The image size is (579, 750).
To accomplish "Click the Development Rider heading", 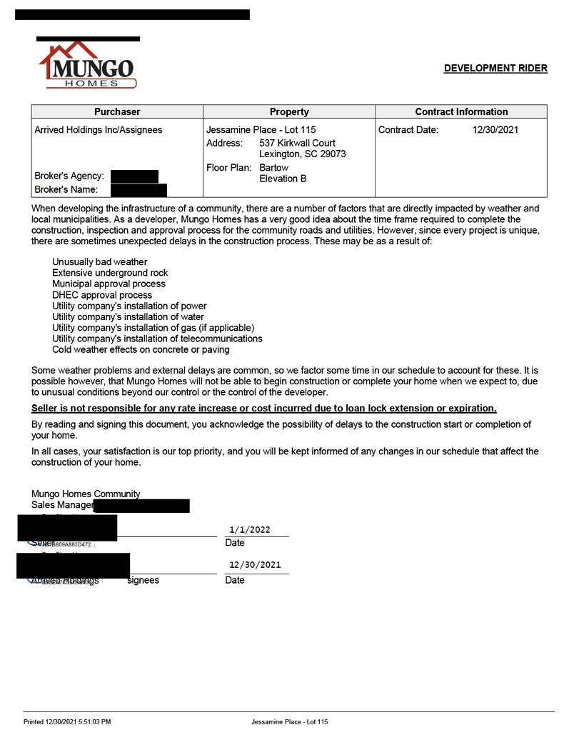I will [x=495, y=69].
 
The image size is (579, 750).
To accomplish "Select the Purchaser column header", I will [x=117, y=111].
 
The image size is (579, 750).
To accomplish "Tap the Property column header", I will [x=289, y=111].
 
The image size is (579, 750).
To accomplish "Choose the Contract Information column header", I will [x=461, y=111].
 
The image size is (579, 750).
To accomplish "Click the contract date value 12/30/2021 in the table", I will [x=495, y=130].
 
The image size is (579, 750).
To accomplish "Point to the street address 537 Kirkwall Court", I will [x=297, y=143].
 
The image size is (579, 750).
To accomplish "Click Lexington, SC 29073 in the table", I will [x=302, y=154].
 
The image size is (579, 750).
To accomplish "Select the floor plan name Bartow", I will [x=273, y=167].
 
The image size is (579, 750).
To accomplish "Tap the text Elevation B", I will [x=283, y=179].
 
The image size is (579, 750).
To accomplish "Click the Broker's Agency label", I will [x=69, y=176].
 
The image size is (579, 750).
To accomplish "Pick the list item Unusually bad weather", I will [x=99, y=262].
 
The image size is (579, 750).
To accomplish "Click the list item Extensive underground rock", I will [x=110, y=273].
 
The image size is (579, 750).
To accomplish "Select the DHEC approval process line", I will [x=102, y=295].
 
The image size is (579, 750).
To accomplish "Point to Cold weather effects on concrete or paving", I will [x=141, y=350].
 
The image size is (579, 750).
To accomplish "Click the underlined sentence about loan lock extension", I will [x=263, y=408].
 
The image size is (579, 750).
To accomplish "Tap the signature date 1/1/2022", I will [x=250, y=529].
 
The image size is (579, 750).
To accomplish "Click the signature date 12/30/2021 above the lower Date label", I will [x=255, y=564].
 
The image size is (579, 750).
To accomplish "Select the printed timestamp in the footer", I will [x=67, y=722].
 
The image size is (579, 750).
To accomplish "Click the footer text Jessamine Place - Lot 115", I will [x=289, y=722].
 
